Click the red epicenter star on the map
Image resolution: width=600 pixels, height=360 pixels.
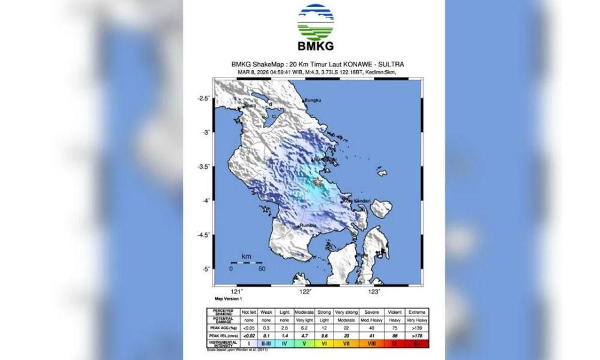coord(317,182)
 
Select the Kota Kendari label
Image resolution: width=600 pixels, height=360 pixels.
coord(355,201)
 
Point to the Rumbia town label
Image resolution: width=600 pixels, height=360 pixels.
coord(308,226)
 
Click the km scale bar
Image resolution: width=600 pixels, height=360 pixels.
coord(246,263)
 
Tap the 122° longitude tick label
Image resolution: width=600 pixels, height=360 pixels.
coord(305,292)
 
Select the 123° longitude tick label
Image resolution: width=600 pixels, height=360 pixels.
coord(374,292)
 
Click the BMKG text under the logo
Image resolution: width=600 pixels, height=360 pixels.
coord(315,46)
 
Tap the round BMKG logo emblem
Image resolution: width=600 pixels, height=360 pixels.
coord(315,22)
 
